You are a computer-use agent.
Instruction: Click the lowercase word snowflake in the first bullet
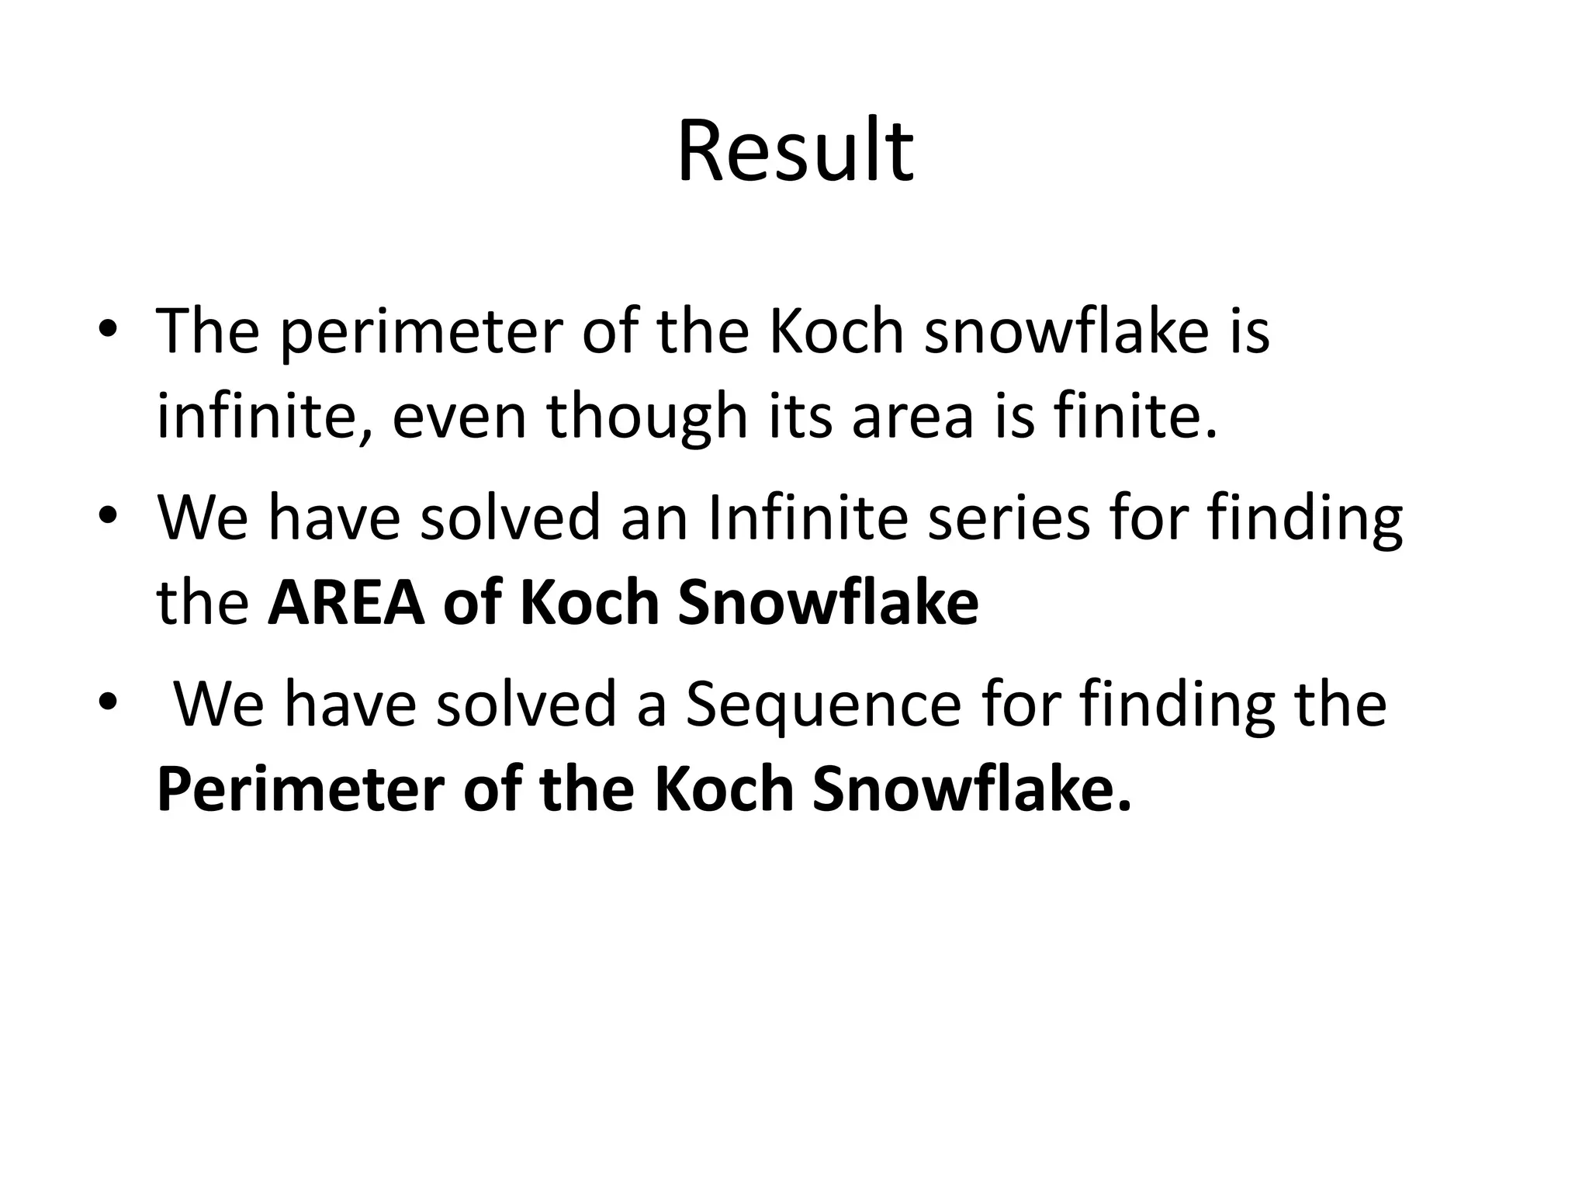click(x=1066, y=331)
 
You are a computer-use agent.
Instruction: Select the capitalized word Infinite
click(x=807, y=518)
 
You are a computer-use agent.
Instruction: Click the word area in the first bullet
click(x=912, y=417)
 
